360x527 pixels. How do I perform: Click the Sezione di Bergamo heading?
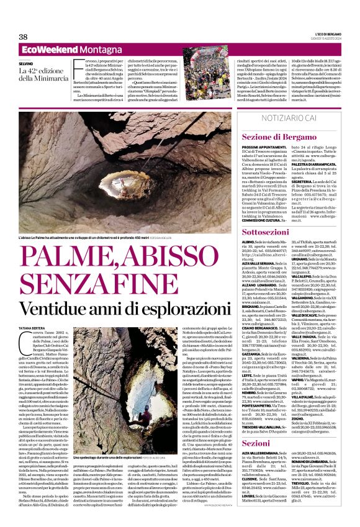click(x=276, y=137)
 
